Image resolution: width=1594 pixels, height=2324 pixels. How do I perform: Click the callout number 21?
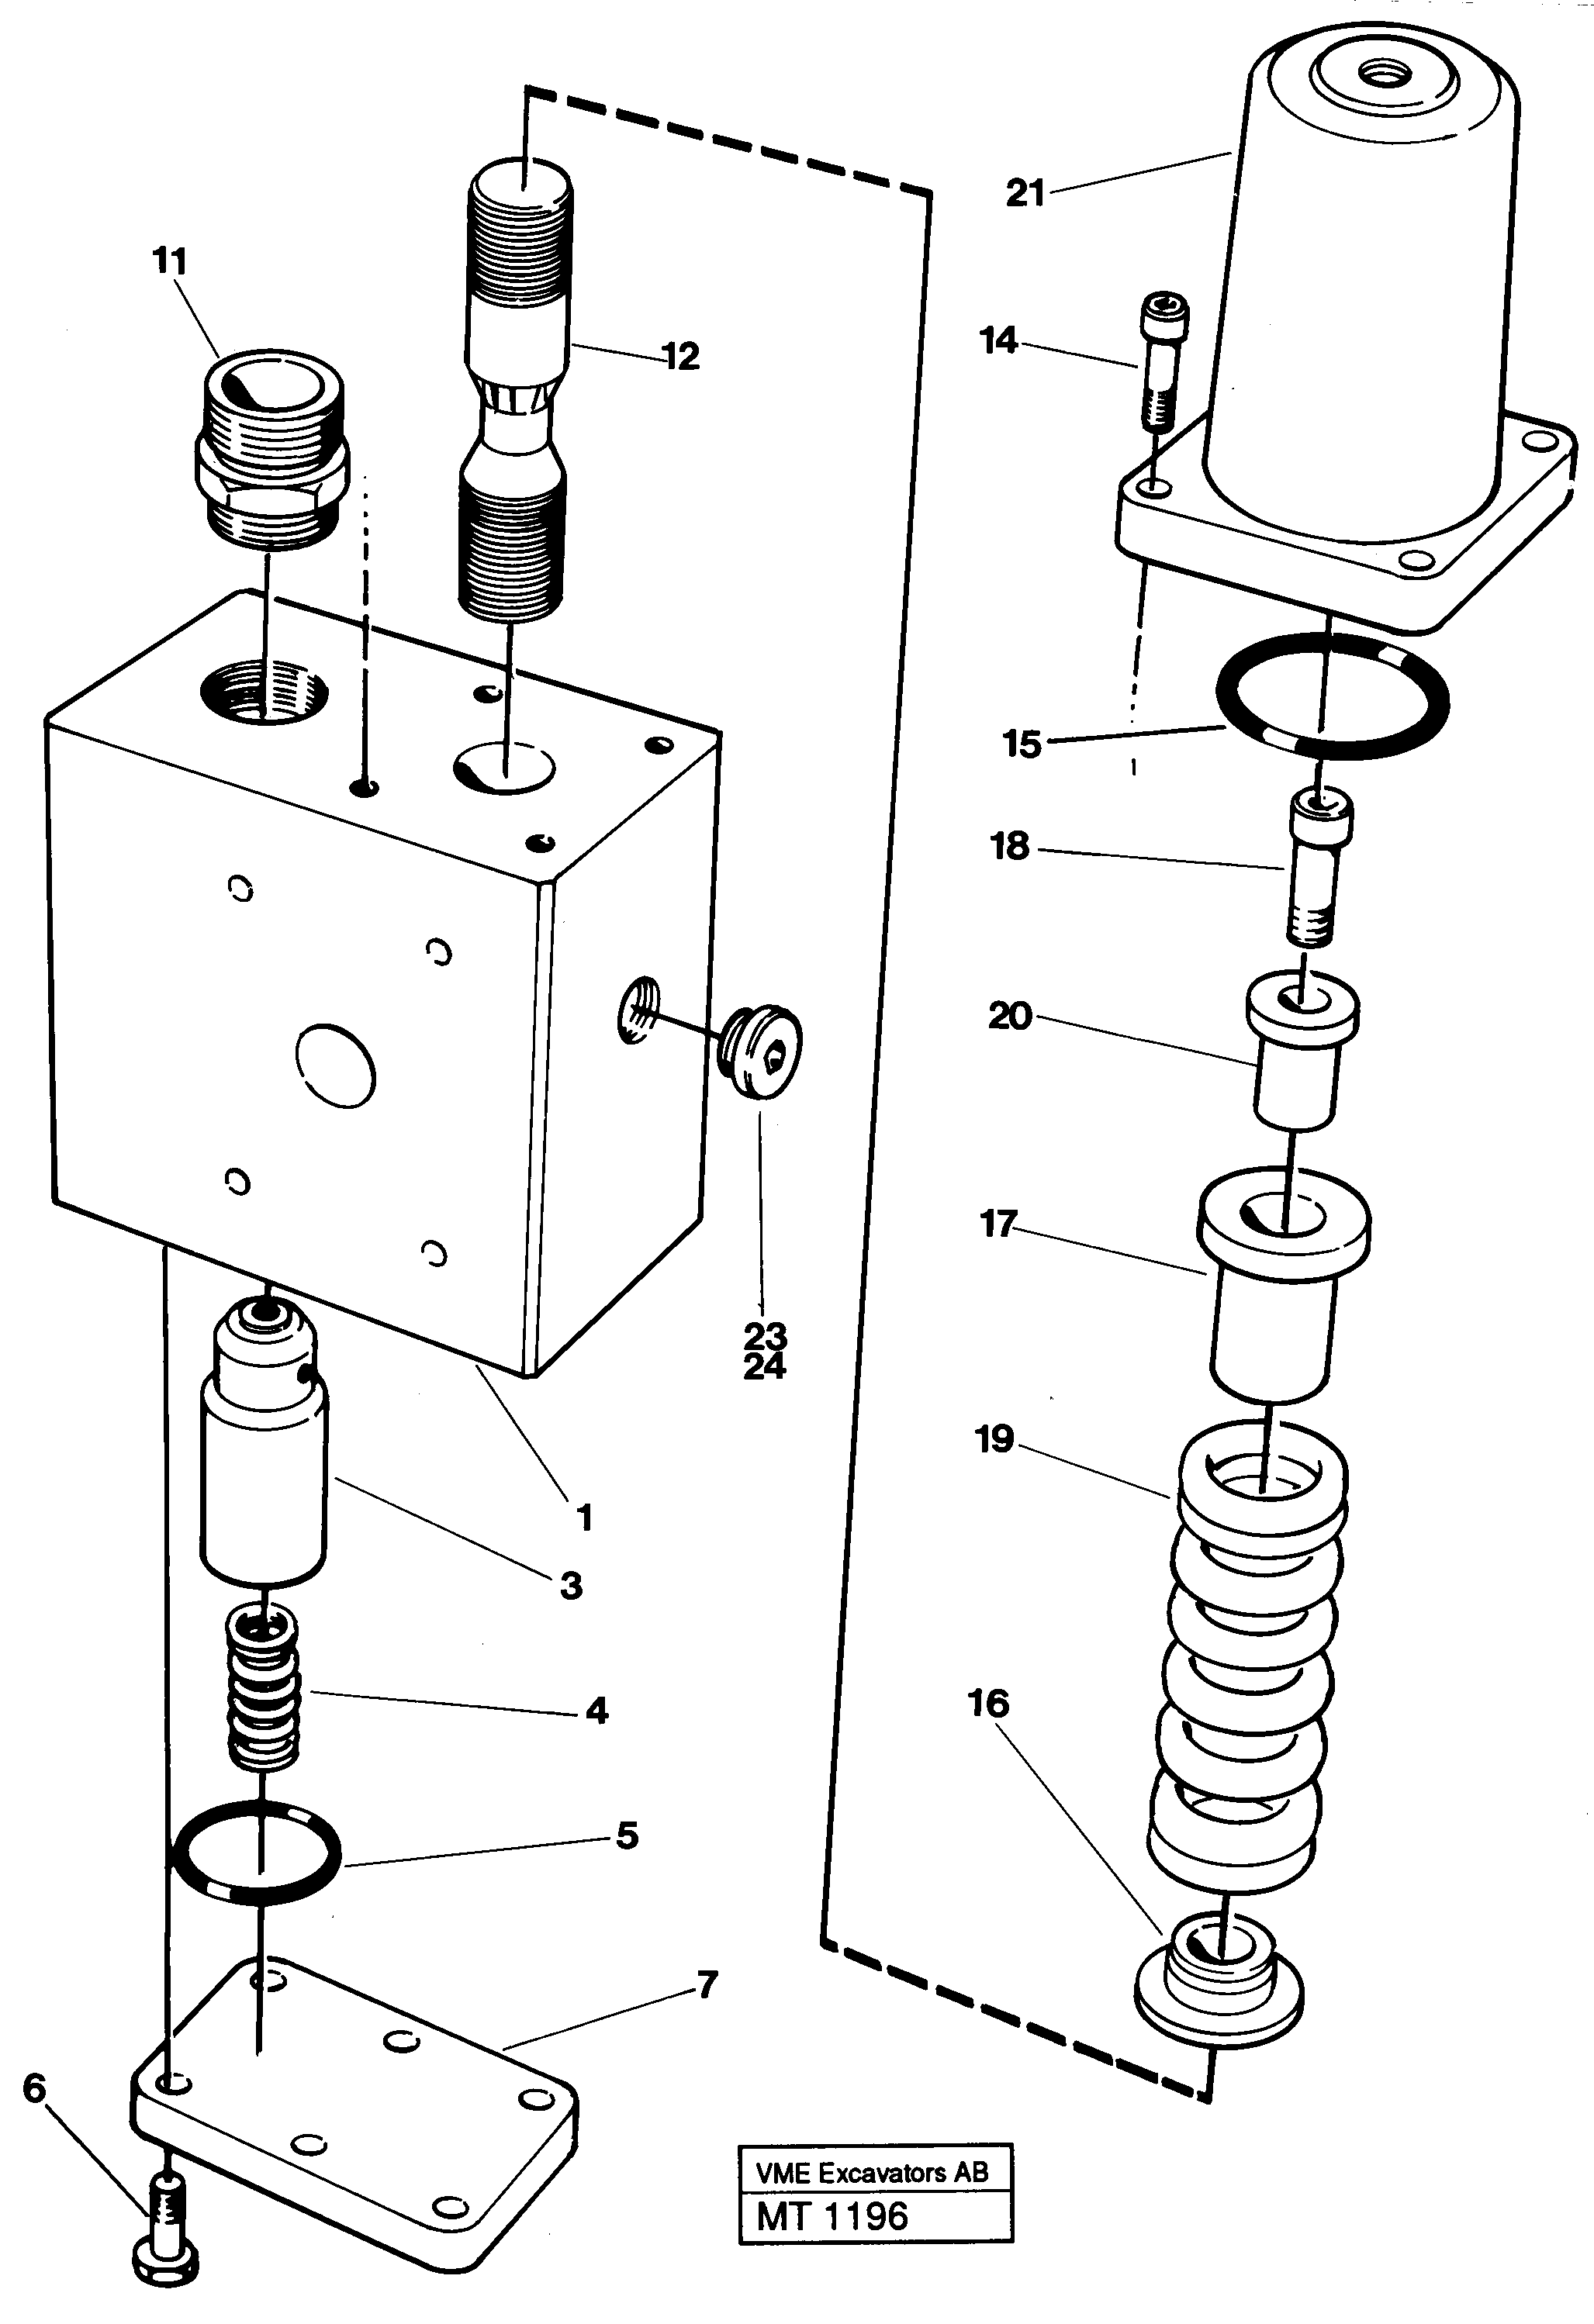coord(1024,192)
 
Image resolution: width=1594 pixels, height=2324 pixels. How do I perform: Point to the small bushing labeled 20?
coord(1299,1050)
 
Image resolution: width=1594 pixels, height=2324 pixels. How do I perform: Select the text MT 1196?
coord(832,2216)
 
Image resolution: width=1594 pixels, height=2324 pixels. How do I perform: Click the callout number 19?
coord(994,1439)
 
